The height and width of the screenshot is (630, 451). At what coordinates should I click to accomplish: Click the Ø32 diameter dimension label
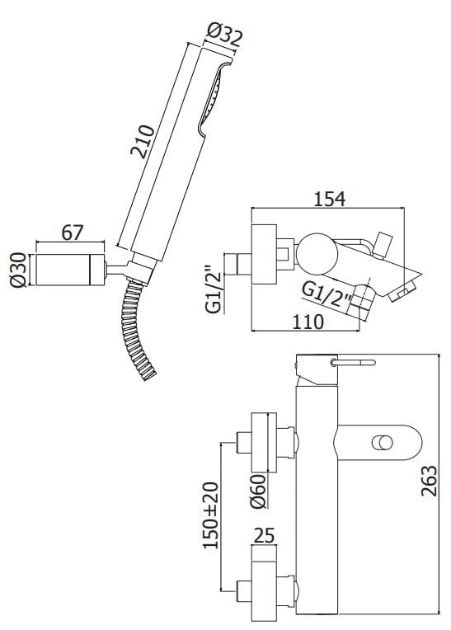[x=224, y=35]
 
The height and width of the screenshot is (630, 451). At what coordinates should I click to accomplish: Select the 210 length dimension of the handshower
[x=143, y=142]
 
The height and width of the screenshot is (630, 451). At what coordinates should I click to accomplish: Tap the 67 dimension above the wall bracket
[x=73, y=233]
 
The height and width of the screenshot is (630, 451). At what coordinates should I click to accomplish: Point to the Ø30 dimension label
[x=18, y=270]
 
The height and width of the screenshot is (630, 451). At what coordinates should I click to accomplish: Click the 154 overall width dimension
[x=329, y=199]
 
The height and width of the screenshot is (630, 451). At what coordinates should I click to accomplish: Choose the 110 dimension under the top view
[x=308, y=322]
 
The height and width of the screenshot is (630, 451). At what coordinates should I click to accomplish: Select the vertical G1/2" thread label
[x=214, y=289]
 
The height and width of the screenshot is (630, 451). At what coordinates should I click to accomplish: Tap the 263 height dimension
[x=429, y=480]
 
